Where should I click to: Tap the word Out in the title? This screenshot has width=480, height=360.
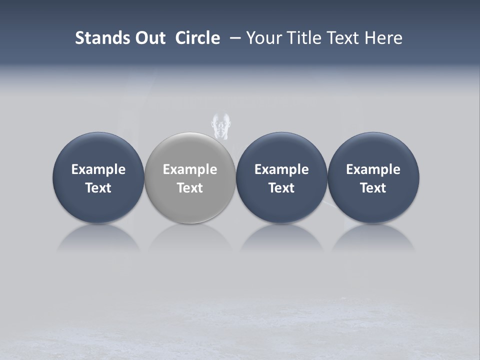point(149,38)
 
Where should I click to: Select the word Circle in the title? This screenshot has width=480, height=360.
point(197,38)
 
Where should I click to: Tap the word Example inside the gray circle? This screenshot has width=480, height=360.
point(190,169)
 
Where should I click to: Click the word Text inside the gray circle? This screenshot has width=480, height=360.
point(190,188)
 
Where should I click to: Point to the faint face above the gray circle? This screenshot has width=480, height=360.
point(220,125)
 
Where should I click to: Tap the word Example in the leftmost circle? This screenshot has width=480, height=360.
point(98,169)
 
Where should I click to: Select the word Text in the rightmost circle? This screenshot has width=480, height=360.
point(373,188)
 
